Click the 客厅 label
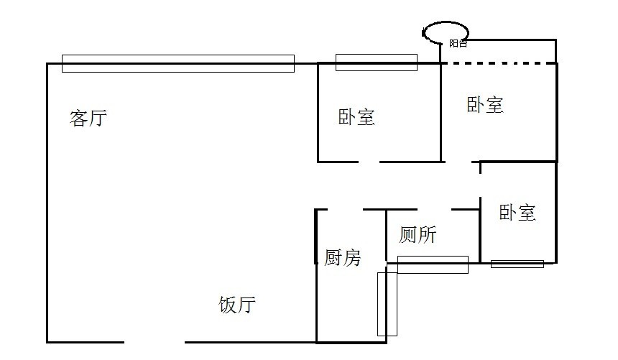(x=88, y=118)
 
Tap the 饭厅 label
(x=236, y=305)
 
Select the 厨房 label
(x=342, y=257)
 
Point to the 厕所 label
(x=418, y=234)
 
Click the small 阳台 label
(x=458, y=44)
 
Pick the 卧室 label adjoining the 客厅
(x=356, y=117)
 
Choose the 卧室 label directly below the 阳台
(x=485, y=105)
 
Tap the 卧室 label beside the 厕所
(x=517, y=212)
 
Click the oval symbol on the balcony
(x=446, y=32)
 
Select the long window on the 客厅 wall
(x=177, y=63)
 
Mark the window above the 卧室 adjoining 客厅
(x=376, y=63)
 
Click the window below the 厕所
(x=433, y=264)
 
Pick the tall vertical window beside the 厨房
(x=387, y=303)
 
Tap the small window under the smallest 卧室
(x=517, y=264)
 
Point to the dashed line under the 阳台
(x=499, y=64)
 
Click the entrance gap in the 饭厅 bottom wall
(x=154, y=341)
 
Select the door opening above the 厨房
(x=345, y=209)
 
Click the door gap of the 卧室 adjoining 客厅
(x=369, y=162)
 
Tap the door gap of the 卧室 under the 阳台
(x=460, y=162)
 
